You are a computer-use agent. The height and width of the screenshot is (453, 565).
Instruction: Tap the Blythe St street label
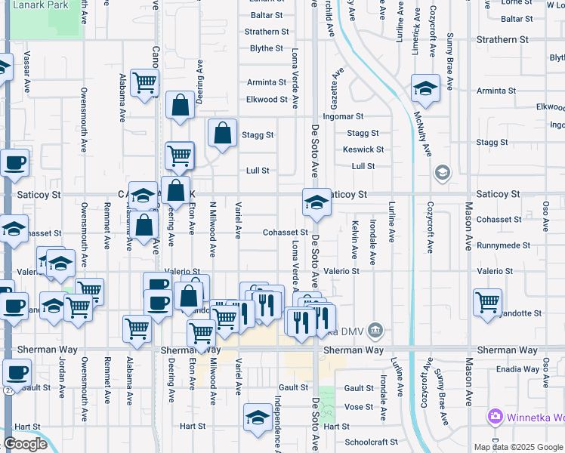pos(266,48)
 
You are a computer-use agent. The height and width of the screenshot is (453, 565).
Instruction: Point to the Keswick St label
pos(363,149)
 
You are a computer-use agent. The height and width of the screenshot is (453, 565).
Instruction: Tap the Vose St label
pos(359,406)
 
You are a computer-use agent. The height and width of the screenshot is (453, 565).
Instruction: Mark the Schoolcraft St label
pos(370,442)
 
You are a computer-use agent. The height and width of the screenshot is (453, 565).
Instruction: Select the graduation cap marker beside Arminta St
pos(425,88)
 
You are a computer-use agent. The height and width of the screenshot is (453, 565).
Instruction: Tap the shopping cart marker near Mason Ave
pos(488,302)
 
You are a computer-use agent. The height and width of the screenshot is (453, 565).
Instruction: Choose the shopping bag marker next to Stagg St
pos(222,134)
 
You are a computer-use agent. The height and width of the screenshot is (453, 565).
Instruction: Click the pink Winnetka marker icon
pos(496,416)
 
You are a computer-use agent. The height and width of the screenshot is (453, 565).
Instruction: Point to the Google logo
pos(25,444)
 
